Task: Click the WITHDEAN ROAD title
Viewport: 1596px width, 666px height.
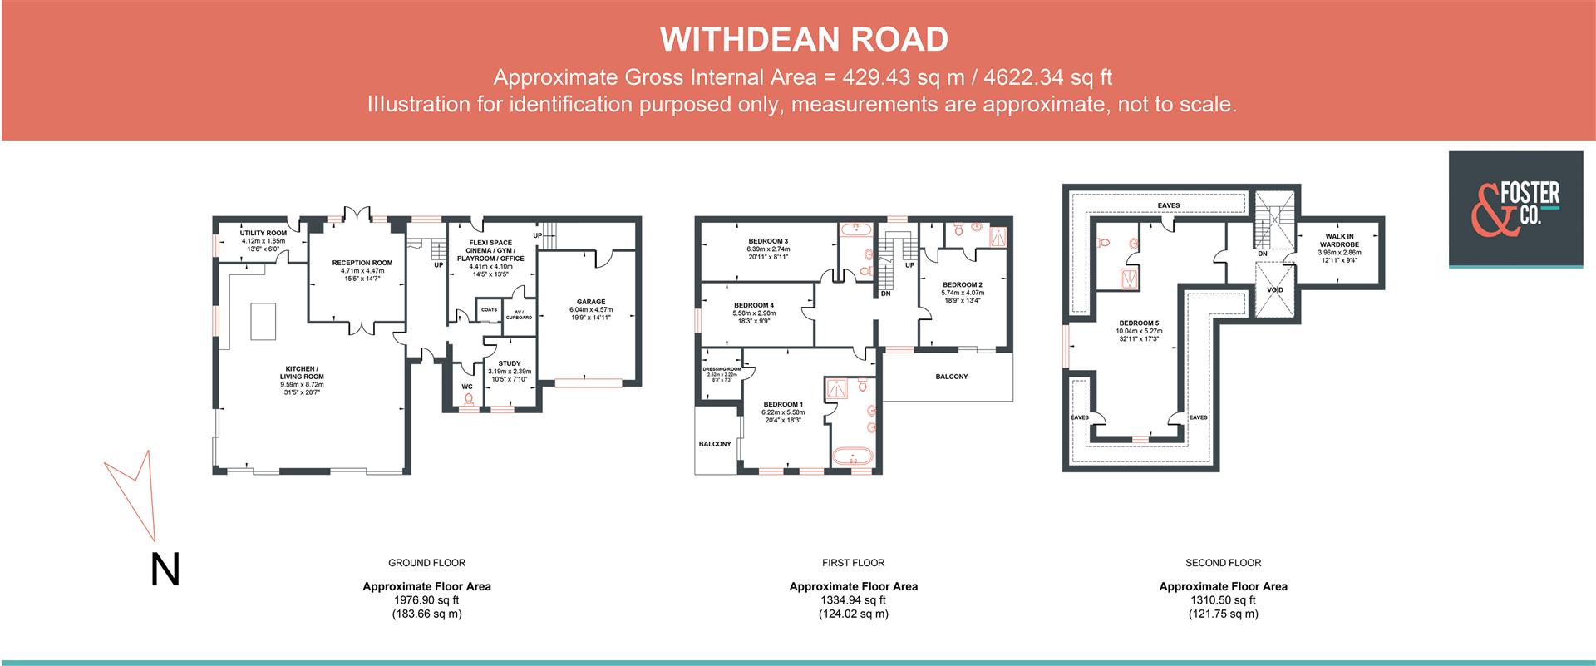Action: pyautogui.click(x=804, y=39)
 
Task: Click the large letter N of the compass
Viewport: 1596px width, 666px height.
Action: pyautogui.click(x=165, y=570)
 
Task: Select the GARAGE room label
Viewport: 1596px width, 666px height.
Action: pyautogui.click(x=591, y=302)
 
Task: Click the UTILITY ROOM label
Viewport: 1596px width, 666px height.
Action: pyautogui.click(x=264, y=234)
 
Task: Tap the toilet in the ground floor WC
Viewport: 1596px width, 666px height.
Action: pyautogui.click(x=468, y=401)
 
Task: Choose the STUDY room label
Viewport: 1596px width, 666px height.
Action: pyautogui.click(x=509, y=363)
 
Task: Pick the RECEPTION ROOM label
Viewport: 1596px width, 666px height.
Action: pyautogui.click(x=362, y=263)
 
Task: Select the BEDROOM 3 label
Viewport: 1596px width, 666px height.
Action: pyautogui.click(x=767, y=241)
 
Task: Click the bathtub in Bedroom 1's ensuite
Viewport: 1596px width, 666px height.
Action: pyautogui.click(x=851, y=456)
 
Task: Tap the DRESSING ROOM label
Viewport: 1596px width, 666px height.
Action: pyautogui.click(x=722, y=369)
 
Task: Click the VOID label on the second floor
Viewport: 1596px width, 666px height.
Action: pyautogui.click(x=1274, y=290)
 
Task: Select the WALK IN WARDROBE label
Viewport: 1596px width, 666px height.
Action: pyautogui.click(x=1339, y=240)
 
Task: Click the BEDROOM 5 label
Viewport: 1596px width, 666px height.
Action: pyautogui.click(x=1139, y=323)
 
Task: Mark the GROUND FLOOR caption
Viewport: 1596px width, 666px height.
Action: pyautogui.click(x=426, y=563)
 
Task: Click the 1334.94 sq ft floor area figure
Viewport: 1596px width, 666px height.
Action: pyautogui.click(x=854, y=600)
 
